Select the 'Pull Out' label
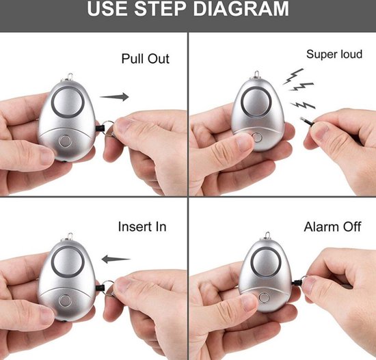coord(146,59)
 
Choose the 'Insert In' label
coord(142,227)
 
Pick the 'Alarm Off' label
coord(332,227)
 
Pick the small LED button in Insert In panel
coord(64,301)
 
